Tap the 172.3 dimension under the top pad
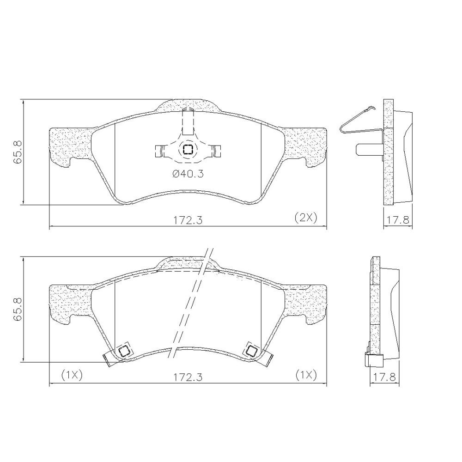point(188,220)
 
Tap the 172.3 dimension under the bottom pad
point(188,377)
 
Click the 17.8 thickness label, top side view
point(398,220)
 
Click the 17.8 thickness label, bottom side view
point(385,377)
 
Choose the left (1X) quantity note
point(71,375)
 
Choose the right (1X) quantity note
point(306,375)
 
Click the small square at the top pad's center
point(188,149)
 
